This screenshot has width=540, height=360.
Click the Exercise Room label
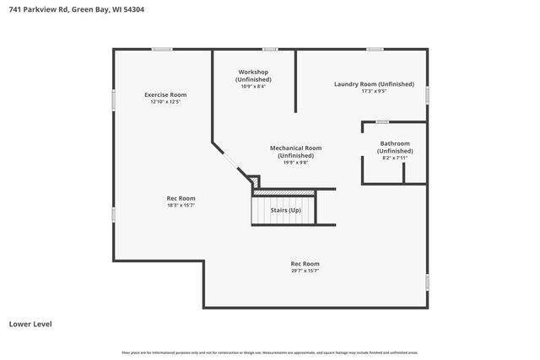click(165, 94)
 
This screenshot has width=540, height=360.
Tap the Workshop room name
click(253, 73)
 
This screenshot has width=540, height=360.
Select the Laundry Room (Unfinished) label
click(374, 84)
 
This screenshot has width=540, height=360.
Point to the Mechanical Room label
click(295, 148)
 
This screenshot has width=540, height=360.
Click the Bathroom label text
click(395, 143)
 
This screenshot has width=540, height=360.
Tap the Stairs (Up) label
click(283, 210)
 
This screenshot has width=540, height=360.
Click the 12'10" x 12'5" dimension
click(165, 102)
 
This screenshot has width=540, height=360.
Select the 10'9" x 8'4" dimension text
click(253, 86)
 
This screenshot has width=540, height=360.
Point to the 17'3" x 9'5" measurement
click(374, 91)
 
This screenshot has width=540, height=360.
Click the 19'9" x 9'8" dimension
click(295, 163)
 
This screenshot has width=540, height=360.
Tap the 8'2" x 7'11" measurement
click(395, 158)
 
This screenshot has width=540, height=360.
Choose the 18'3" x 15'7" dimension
click(181, 205)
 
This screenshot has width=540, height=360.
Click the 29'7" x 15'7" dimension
click(305, 271)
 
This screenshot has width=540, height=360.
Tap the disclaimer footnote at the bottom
click(270, 352)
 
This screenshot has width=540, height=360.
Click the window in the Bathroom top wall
click(381, 122)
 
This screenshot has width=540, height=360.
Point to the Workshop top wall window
click(270, 49)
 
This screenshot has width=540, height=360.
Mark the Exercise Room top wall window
click(162, 49)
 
